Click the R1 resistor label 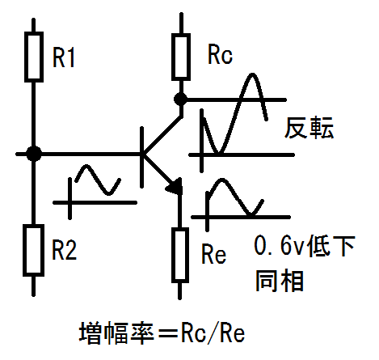pyautogui.click(x=63, y=57)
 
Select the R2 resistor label pyautogui.click(x=64, y=250)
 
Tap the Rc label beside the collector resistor pyautogui.click(x=220, y=55)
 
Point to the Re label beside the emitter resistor pyautogui.click(x=213, y=254)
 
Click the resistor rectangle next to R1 pyautogui.click(x=34, y=57)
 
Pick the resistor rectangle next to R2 pyautogui.click(x=33, y=250)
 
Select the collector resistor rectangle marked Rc pyautogui.click(x=181, y=57)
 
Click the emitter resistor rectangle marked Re pyautogui.click(x=180, y=255)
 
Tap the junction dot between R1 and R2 pyautogui.click(x=34, y=154)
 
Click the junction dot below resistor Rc pyautogui.click(x=181, y=100)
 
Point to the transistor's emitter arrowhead pyautogui.click(x=175, y=186)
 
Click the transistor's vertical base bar pyautogui.click(x=141, y=157)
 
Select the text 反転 pyautogui.click(x=309, y=128)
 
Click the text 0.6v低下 pyautogui.click(x=305, y=246)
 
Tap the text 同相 pyautogui.click(x=280, y=281)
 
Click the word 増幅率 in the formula pyautogui.click(x=116, y=333)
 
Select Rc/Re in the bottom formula pyautogui.click(x=213, y=333)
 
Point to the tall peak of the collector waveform pyautogui.click(x=252, y=74)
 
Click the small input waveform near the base pyautogui.click(x=98, y=180)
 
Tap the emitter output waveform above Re pyautogui.click(x=234, y=197)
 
